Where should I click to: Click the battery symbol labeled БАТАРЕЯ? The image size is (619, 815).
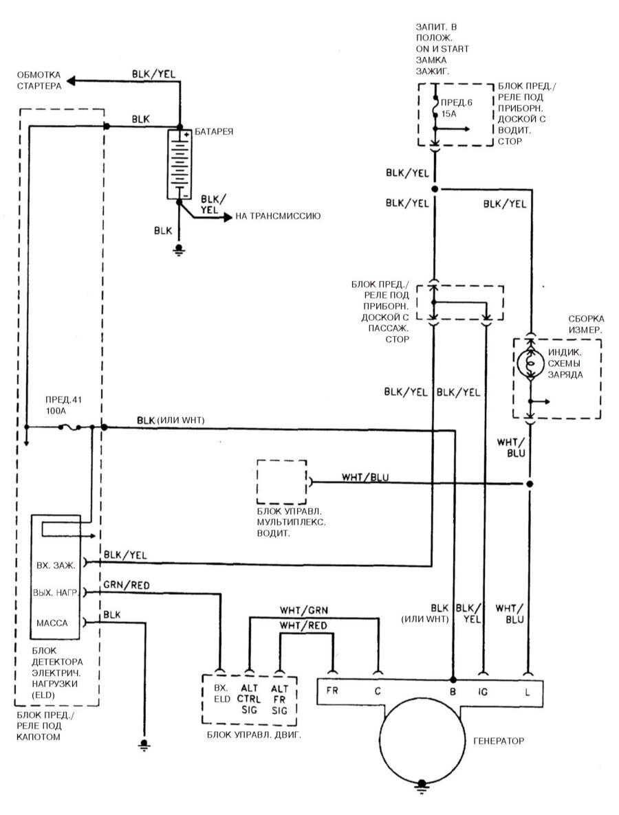179,164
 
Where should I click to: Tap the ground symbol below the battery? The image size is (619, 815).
179,250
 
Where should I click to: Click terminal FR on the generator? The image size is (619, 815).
332,692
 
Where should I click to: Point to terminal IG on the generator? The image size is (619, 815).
483,692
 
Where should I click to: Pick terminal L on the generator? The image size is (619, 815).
528,692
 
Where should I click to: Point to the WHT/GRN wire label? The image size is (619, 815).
303,609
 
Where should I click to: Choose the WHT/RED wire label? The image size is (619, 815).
303,625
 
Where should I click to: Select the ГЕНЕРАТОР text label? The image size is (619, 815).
499,741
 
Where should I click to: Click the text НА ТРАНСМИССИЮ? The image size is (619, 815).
279,216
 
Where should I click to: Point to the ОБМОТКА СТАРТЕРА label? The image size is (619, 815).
39,80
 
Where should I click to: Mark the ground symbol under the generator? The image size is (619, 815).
421,785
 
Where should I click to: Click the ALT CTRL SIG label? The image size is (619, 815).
249,698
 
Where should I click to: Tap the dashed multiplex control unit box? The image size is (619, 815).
282,481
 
